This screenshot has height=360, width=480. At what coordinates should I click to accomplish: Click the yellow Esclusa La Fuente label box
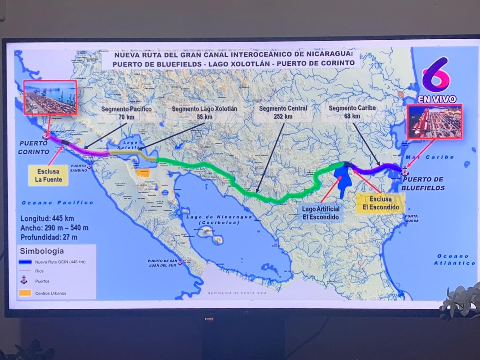click(48, 175)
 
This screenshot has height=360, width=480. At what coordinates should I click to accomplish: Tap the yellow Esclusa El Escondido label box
click(380, 203)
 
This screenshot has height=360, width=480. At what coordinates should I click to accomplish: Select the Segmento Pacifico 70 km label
click(126, 113)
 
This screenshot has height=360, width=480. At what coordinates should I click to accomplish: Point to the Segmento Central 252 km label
click(283, 112)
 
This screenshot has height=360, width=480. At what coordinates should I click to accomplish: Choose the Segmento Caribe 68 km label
click(352, 112)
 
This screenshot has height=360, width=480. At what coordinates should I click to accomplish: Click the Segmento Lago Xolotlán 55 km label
click(204, 113)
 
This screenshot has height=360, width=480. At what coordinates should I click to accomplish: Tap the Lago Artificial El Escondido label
click(321, 213)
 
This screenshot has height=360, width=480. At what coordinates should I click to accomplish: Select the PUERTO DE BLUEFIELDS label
click(423, 184)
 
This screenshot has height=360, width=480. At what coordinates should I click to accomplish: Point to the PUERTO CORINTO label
click(33, 147)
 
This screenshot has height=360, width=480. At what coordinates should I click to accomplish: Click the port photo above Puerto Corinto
click(50, 97)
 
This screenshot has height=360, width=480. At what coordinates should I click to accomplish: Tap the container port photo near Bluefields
click(434, 121)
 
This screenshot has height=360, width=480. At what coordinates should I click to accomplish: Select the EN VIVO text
click(437, 99)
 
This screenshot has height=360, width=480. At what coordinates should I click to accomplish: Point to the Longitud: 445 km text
click(47, 218)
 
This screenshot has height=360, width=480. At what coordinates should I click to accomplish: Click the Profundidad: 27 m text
click(49, 237)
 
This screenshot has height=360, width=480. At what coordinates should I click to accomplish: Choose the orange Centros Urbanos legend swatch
click(25, 293)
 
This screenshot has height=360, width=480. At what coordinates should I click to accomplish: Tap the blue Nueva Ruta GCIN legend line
click(25, 262)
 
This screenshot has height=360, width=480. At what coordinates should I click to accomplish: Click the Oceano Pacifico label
click(57, 203)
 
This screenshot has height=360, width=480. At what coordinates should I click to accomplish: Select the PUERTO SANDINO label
click(78, 168)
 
